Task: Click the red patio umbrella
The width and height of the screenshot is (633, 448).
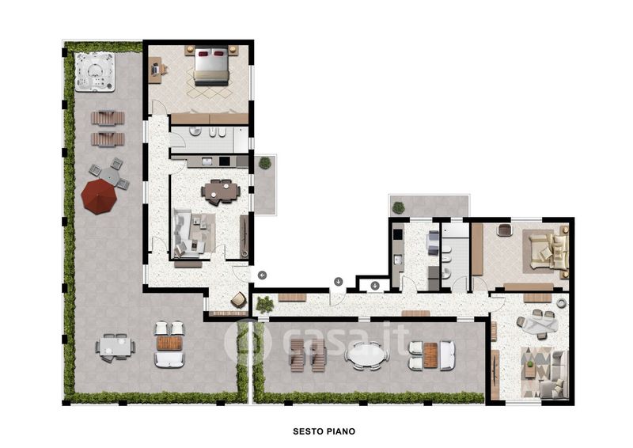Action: pyautogui.click(x=99, y=197)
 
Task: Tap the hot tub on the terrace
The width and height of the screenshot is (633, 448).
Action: pyautogui.click(x=95, y=72)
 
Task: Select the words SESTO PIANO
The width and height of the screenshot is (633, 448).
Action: pyautogui.click(x=324, y=431)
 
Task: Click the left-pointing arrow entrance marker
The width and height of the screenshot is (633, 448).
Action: pyautogui.click(x=263, y=275)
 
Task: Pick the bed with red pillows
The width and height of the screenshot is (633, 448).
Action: pyautogui.click(x=211, y=66)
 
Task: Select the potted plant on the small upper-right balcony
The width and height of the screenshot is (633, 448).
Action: pyautogui.click(x=398, y=207)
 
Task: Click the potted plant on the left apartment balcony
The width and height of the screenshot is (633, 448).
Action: pyautogui.click(x=265, y=163)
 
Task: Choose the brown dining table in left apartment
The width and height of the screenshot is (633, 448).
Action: pyautogui.click(x=221, y=191)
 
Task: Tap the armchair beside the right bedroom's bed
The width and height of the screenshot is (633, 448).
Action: pyautogui.click(x=505, y=230)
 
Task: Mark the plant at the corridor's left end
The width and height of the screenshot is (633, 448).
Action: pyautogui.click(x=265, y=304)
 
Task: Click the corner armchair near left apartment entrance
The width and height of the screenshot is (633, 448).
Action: pyautogui.click(x=239, y=300)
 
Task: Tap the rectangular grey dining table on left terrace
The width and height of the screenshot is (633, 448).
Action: pyautogui.click(x=116, y=347)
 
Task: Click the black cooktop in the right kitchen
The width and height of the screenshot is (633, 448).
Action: pyautogui.click(x=398, y=235)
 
